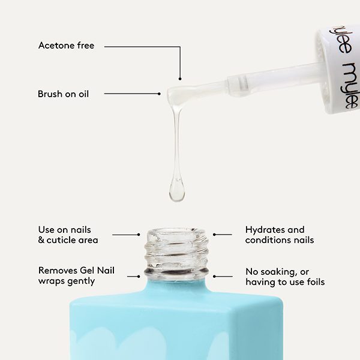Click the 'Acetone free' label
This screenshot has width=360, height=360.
[x=66, y=46]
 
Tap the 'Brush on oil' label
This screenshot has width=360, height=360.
[x=63, y=94]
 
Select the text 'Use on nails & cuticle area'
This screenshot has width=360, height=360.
[x=68, y=235]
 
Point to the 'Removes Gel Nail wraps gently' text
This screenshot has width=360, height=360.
[x=76, y=275]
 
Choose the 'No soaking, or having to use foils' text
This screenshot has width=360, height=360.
[x=284, y=276]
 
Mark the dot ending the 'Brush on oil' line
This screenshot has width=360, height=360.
[x=159, y=94]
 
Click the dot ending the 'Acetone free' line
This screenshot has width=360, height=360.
[x=179, y=78]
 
